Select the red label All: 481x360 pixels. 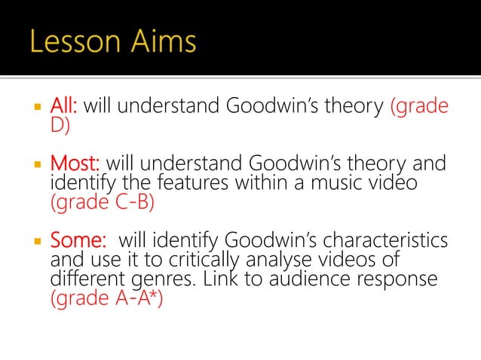pos(64,106)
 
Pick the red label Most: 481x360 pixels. pos(77,163)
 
